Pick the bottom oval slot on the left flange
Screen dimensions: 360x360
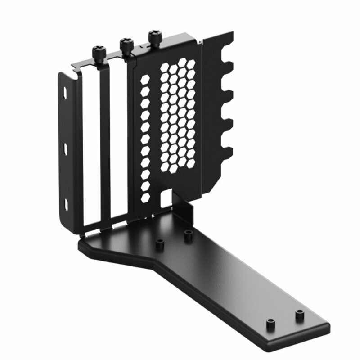66,205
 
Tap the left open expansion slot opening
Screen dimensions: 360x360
91,148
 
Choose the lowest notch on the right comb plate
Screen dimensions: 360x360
227,148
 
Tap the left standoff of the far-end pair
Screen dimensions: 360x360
270,323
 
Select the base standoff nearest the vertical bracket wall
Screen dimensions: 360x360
188,234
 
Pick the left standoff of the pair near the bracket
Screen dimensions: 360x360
158,243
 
